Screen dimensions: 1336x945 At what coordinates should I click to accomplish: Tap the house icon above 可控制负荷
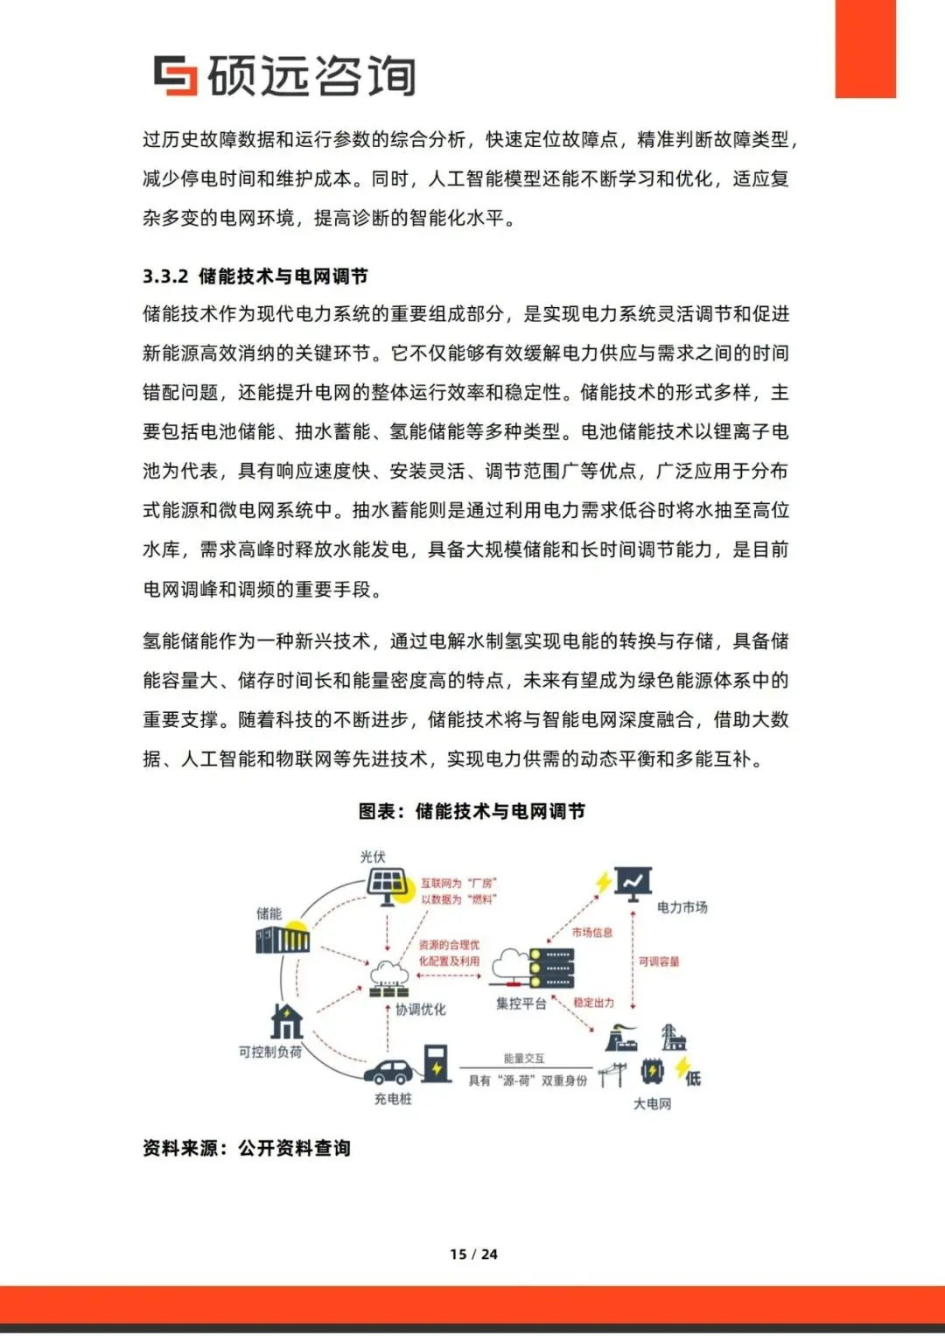tap(286, 1021)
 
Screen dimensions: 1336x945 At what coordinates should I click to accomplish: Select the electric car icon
tap(388, 1071)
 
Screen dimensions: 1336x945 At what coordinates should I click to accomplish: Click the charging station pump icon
tap(436, 1062)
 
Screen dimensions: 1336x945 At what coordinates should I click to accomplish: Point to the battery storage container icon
tap(283, 940)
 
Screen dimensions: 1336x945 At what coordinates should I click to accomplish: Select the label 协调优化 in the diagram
tap(420, 1009)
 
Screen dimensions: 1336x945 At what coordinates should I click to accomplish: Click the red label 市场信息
tap(592, 933)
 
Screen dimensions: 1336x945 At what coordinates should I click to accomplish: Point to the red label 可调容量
tap(659, 962)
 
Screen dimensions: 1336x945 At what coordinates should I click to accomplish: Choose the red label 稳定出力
tap(594, 1003)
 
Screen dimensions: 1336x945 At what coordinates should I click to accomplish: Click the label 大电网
tap(652, 1104)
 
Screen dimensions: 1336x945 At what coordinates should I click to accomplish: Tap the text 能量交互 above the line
tap(523, 1059)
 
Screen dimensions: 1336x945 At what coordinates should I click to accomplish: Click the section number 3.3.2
tap(165, 276)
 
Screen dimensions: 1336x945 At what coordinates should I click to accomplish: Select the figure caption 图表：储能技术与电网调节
tap(472, 811)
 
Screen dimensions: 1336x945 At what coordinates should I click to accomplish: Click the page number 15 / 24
tap(473, 1254)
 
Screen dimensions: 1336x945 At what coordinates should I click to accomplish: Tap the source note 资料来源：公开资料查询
tap(247, 1148)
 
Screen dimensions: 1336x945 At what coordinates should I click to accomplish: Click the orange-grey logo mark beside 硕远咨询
tap(175, 75)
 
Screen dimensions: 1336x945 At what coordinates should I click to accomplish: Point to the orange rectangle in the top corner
tap(865, 48)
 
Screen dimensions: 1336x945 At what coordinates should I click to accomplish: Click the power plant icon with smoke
tap(621, 1039)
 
